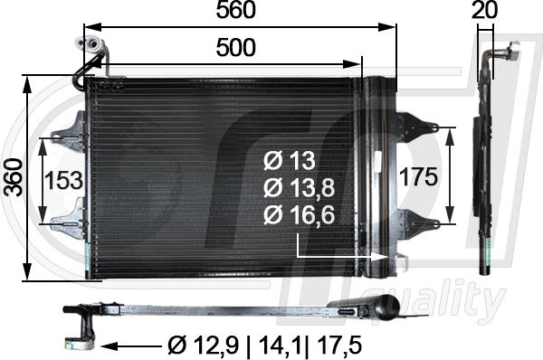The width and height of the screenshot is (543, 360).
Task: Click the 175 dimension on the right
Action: coord(420,176)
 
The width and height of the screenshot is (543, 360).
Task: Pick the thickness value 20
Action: coord(485,11)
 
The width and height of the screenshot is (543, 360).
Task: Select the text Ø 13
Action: coord(289,161)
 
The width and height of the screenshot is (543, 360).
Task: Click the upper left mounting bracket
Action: coord(69,137)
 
